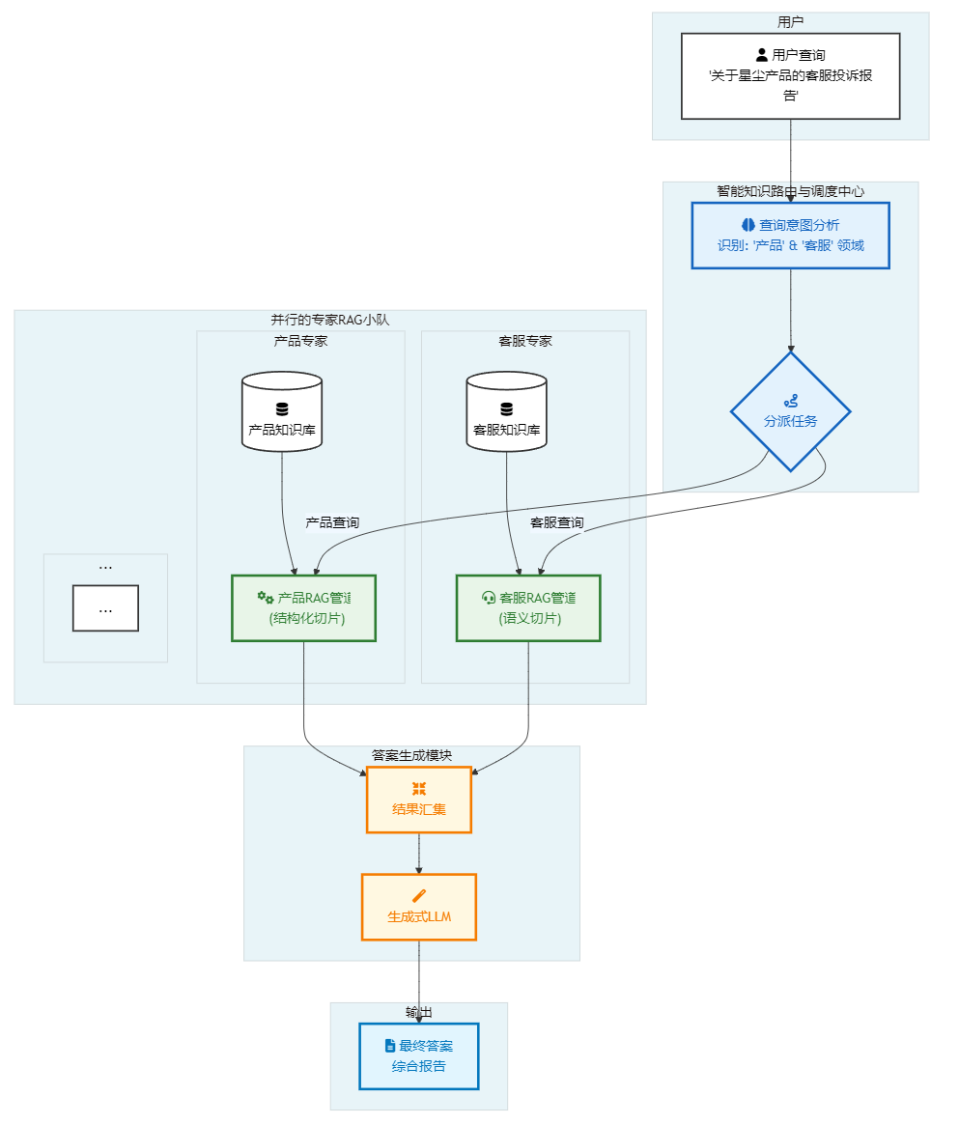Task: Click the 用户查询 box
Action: tap(790, 76)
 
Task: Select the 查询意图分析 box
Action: tap(790, 236)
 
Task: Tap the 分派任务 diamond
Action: tap(790, 411)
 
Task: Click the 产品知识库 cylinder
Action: tap(282, 411)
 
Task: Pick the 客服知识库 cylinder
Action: tap(506, 411)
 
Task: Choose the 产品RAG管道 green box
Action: tap(304, 608)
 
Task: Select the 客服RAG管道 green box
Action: tap(528, 608)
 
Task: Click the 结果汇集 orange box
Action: tap(418, 800)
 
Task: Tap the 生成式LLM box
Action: tap(418, 907)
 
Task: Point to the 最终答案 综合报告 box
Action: tap(418, 1055)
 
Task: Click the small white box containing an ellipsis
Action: tap(105, 608)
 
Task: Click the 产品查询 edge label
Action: tap(332, 522)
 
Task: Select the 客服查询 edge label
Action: tap(557, 522)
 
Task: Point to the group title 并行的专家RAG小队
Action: tap(329, 320)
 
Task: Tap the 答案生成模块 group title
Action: tap(411, 755)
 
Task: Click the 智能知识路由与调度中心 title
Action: tap(790, 191)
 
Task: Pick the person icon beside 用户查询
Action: tap(762, 54)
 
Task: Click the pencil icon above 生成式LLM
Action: tap(418, 896)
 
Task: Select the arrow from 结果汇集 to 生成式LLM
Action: tap(418, 854)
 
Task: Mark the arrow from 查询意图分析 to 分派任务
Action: tap(791, 310)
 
